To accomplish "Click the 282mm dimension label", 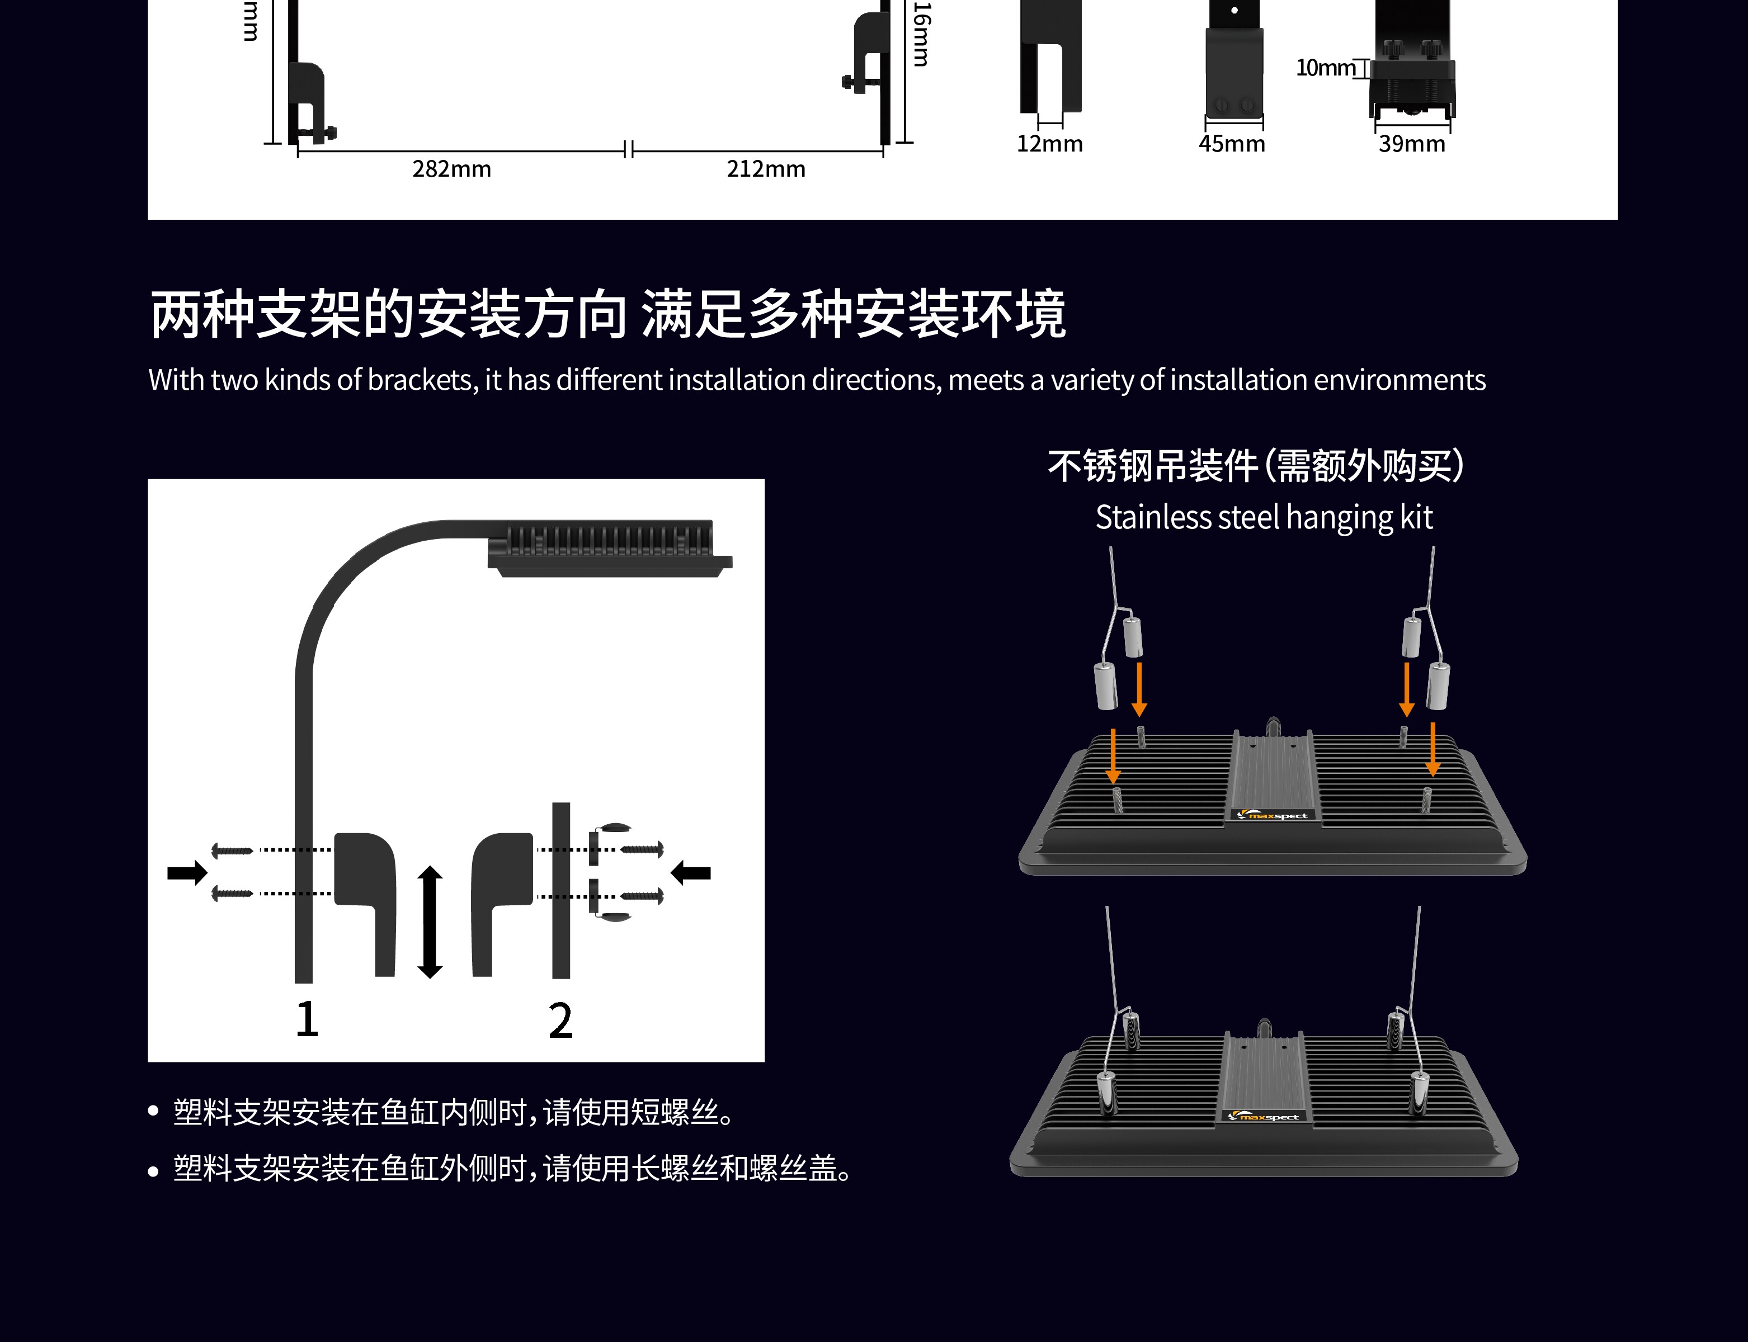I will pyautogui.click(x=451, y=169).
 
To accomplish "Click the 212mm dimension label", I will pyautogui.click(x=765, y=169).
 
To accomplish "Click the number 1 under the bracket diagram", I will pyautogui.click(x=307, y=1019).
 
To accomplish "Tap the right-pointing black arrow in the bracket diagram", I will pyautogui.click(x=187, y=872).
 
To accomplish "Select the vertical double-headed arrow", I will pyautogui.click(x=430, y=922).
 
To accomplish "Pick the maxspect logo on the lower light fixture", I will pyautogui.click(x=1264, y=1117).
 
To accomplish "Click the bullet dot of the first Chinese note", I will pyautogui.click(x=153, y=1113).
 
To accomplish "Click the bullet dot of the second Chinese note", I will pyautogui.click(x=153, y=1171).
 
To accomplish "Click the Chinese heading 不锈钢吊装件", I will pyautogui.click(x=1152, y=466).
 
